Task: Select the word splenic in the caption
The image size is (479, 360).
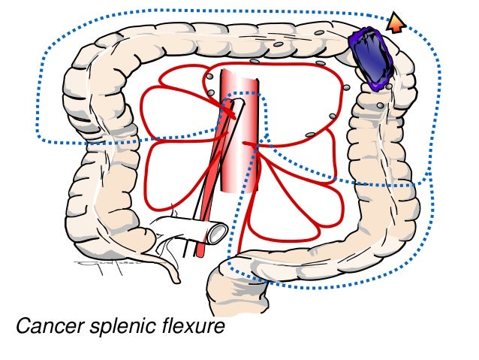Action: [x=119, y=328]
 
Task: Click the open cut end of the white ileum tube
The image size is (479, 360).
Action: [x=217, y=233]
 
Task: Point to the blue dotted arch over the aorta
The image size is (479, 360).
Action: [x=241, y=95]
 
